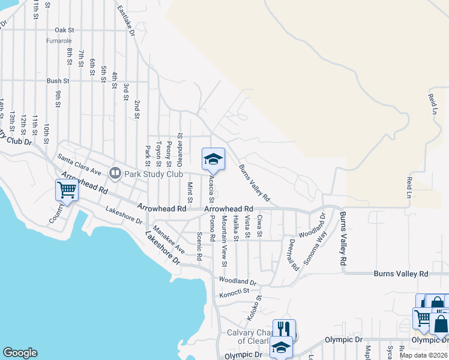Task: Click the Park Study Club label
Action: coord(154,174)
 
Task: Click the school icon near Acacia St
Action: coord(213,160)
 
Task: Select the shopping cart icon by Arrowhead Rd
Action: coord(67,191)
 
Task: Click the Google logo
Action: coord(20,353)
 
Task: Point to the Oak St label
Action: coord(64,29)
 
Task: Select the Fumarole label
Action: coord(59,41)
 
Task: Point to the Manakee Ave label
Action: coord(168,238)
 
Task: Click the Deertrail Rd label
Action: coord(292,256)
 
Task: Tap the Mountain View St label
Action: coord(223,241)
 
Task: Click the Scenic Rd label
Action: coord(199,247)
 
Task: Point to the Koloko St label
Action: coord(254,307)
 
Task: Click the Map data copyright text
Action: coord(423,355)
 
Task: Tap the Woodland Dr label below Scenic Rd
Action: coord(238,281)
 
